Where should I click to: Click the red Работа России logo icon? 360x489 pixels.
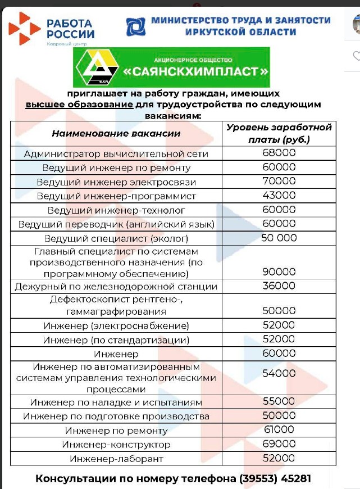(25, 29)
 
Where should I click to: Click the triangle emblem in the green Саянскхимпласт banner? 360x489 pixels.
(98, 67)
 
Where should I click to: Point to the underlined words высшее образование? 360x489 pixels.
(79, 105)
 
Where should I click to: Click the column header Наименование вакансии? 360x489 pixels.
(116, 133)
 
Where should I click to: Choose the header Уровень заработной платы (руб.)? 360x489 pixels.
(279, 133)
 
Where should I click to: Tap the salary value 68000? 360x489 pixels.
(279, 153)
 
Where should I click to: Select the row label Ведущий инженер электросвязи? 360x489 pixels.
(116, 182)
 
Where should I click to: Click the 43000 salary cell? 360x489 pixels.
(279, 195)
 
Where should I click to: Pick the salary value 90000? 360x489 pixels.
(279, 271)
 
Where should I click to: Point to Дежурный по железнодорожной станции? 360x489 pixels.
(116, 287)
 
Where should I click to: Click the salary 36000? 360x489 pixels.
(279, 286)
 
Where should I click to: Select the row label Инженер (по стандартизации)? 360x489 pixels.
(116, 340)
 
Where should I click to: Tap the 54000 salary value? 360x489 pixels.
(279, 373)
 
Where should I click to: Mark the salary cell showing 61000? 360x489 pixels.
(279, 429)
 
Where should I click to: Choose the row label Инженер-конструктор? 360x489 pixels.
(116, 445)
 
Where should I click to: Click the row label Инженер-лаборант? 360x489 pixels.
(116, 459)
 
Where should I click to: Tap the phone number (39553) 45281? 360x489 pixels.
(275, 479)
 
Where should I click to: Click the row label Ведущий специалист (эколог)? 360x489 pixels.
(116, 238)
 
